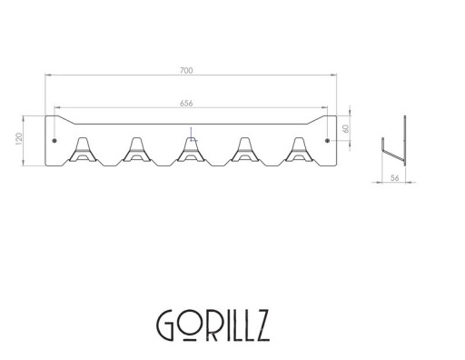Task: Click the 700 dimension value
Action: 186,71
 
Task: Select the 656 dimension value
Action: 186,104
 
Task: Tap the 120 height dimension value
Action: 19,139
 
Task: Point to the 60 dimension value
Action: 346,128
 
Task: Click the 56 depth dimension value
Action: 394,178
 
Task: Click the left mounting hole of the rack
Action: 54,141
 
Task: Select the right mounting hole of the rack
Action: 327,141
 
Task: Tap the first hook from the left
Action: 83,149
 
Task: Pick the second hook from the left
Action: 136,149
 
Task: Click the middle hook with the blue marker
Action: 190,149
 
